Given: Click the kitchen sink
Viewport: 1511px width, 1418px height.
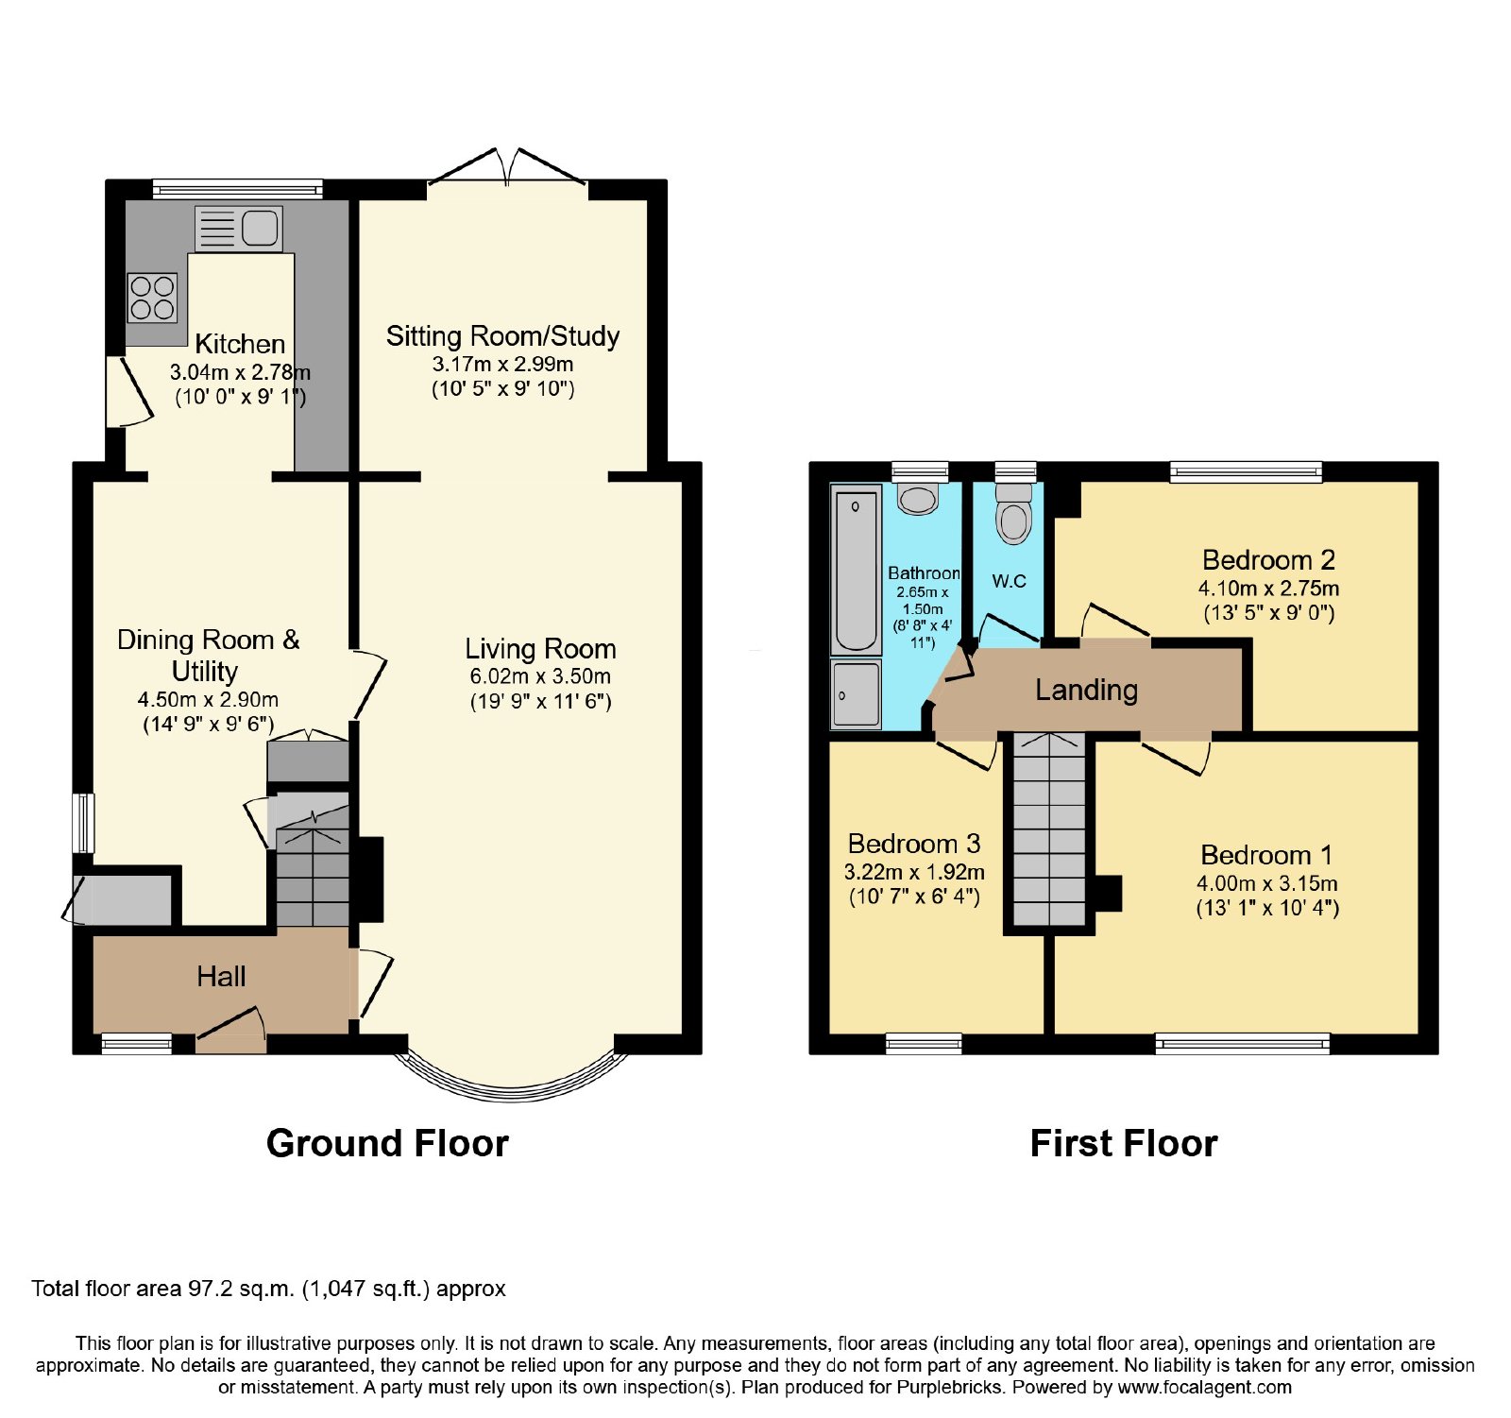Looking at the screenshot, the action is [239, 229].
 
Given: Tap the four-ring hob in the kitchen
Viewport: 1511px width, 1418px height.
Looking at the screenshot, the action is [152, 298].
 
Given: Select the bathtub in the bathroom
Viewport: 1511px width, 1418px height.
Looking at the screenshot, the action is [856, 569].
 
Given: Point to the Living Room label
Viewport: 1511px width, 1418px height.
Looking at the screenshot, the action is [540, 649].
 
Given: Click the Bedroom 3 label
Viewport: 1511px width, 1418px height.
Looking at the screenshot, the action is [914, 843].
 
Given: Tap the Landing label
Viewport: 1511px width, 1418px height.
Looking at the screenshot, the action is [1086, 690].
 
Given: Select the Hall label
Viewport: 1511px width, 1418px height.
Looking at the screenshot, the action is [221, 976].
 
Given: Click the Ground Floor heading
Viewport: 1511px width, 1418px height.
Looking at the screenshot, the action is [387, 1143].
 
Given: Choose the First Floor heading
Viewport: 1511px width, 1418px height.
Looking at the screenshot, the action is [1124, 1143].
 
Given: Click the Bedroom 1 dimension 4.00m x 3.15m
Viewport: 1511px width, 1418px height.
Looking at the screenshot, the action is [1267, 883].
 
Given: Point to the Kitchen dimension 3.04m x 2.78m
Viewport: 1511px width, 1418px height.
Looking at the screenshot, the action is [240, 372].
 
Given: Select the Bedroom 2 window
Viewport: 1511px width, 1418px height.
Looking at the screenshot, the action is [1246, 470].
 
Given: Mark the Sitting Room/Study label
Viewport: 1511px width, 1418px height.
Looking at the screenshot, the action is [502, 336].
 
